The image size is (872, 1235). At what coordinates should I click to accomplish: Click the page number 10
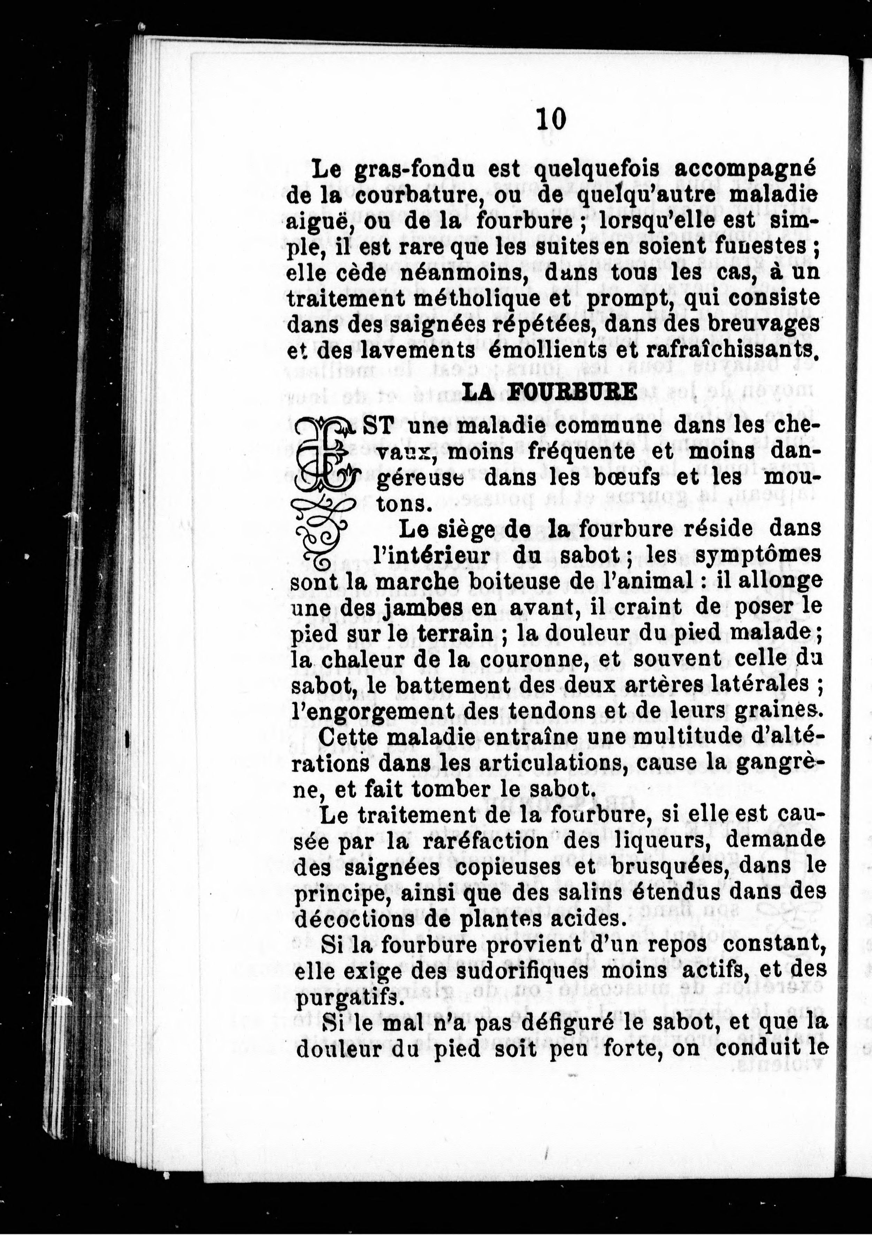coord(551,120)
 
